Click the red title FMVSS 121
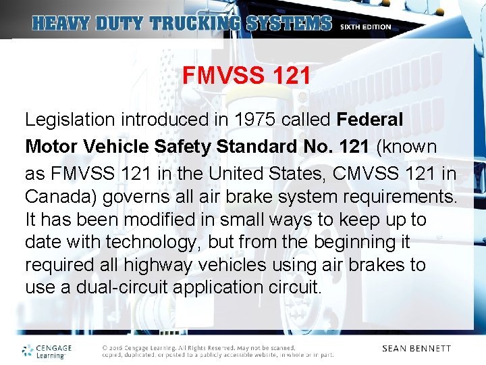pyautogui.click(x=246, y=76)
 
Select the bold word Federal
pyautogui.click(x=370, y=120)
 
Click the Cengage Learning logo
pyautogui.click(x=47, y=350)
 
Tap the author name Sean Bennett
pyautogui.click(x=416, y=349)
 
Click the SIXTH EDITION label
pyautogui.click(x=365, y=27)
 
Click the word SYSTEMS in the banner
pyautogui.click(x=290, y=24)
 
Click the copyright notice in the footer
pyautogui.click(x=217, y=351)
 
